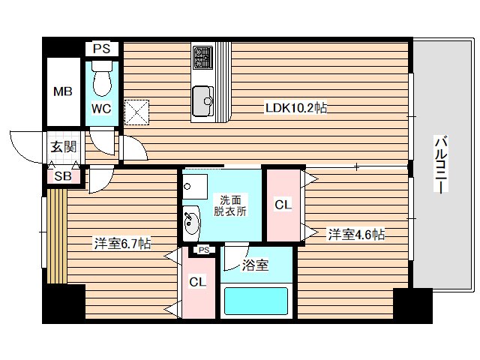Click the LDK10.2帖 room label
point(295,108)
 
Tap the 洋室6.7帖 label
point(122,243)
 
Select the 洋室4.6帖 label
point(356,235)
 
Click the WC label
point(101,109)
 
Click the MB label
point(61,92)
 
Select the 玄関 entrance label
point(63,147)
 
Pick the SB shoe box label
point(62,177)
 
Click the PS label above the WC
point(101,49)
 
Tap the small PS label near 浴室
point(203,250)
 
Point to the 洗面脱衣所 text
point(229,205)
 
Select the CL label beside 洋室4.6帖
point(283,204)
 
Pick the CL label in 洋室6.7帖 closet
point(197,283)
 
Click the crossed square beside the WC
point(138,112)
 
